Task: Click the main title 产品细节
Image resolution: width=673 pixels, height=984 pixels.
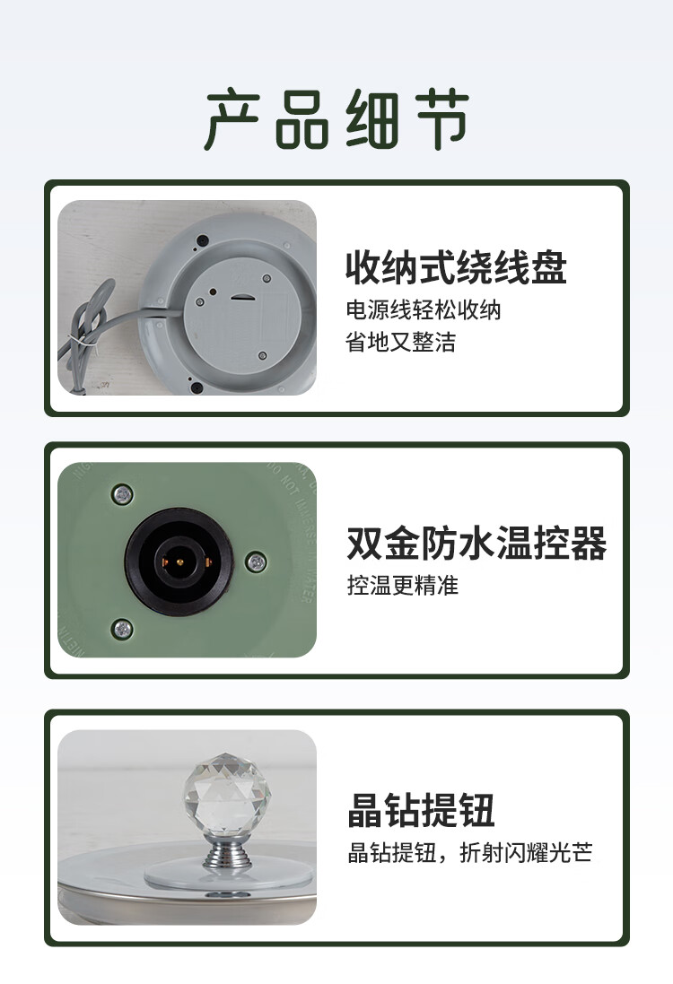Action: [336, 119]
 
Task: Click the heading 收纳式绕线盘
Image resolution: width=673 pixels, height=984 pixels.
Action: [456, 267]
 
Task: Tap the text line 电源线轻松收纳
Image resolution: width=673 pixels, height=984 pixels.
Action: [424, 310]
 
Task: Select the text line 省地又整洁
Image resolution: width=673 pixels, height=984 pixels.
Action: [400, 342]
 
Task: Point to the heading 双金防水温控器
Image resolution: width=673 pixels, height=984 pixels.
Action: [476, 543]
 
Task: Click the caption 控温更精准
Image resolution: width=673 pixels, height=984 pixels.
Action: [402, 586]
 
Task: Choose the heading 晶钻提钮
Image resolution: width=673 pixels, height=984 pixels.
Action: [421, 810]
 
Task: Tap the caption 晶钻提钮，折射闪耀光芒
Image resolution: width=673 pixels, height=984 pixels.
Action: [469, 853]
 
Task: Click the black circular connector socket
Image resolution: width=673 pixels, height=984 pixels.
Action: [179, 562]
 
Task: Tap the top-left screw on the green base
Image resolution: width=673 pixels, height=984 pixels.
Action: [122, 494]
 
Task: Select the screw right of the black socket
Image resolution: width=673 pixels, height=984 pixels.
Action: [256, 562]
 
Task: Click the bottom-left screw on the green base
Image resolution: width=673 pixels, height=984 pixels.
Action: [122, 628]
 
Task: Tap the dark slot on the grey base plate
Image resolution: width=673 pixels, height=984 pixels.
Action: [240, 298]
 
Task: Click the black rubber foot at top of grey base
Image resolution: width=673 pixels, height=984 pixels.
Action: [203, 240]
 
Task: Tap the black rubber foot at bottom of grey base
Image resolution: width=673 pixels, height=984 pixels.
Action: [197, 388]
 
